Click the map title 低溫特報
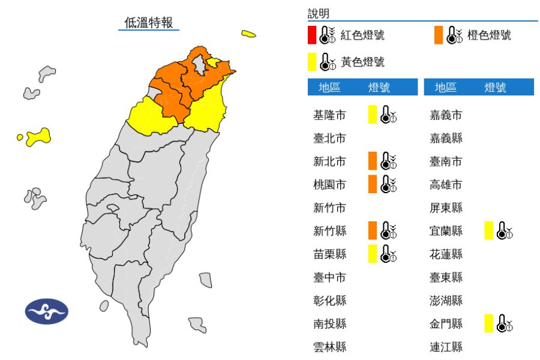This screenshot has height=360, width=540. (x=148, y=23)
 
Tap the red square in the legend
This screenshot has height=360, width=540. (x=312, y=35)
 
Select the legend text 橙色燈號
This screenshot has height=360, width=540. (x=489, y=35)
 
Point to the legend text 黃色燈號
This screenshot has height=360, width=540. (x=362, y=62)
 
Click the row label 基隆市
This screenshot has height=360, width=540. (x=329, y=115)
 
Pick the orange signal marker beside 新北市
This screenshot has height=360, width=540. (x=373, y=161)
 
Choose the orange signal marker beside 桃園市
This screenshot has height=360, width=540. (x=373, y=184)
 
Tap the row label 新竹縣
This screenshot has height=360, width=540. (x=329, y=231)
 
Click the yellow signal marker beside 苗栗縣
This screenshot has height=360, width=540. (x=373, y=254)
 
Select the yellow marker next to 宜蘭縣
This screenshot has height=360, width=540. (x=489, y=230)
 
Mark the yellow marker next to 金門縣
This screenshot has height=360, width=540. (x=489, y=323)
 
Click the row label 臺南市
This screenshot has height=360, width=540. (x=446, y=161)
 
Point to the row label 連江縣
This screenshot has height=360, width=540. (x=446, y=347)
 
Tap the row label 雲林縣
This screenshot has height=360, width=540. (x=329, y=347)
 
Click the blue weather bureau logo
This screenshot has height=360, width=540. (x=46, y=311)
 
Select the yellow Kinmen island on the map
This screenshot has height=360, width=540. (x=38, y=136)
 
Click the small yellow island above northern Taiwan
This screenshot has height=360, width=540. (x=248, y=34)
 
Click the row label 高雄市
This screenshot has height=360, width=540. (x=446, y=184)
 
